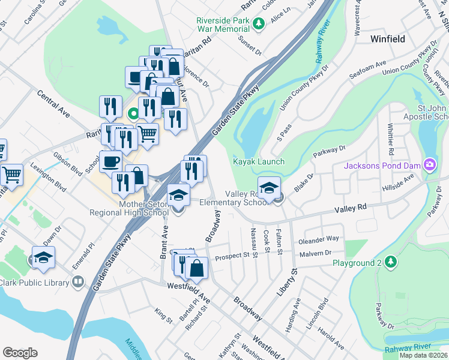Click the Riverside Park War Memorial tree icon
coord(259,23)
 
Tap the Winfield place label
coord(388,39)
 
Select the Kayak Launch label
coord(259,162)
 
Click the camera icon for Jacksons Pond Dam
coord(429,164)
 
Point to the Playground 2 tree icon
coord(391,262)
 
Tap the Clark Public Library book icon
coord(78,281)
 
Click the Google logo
coord(20,353)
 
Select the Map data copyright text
coord(423,355)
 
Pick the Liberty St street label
coord(295,265)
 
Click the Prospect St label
coord(232,256)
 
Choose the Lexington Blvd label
coord(48,178)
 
